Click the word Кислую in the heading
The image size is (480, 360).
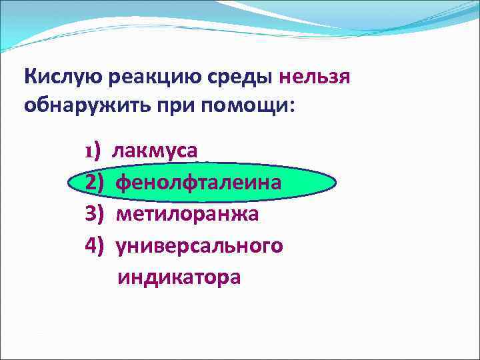pyautogui.click(x=61, y=77)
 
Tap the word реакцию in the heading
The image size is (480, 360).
pyautogui.click(x=153, y=77)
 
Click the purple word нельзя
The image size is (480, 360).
pyautogui.click(x=315, y=77)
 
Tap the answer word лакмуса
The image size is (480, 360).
pyautogui.click(x=154, y=150)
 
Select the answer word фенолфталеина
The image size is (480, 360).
pyautogui.click(x=199, y=182)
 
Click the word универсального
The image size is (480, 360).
pyautogui.click(x=199, y=245)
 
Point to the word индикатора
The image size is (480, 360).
pyautogui.click(x=179, y=277)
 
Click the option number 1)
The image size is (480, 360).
pyautogui.click(x=92, y=150)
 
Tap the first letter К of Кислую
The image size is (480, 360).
pyautogui.click(x=30, y=77)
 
